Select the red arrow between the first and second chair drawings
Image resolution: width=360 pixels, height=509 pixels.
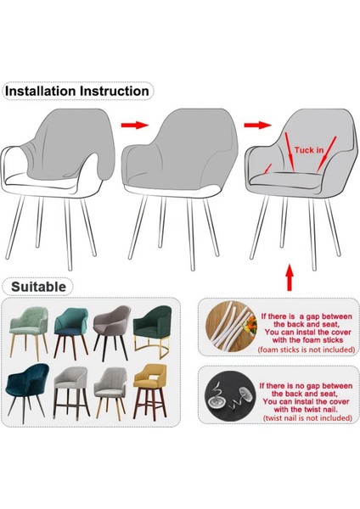coord(132,125)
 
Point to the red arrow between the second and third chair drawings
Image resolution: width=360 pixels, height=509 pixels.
coord(253,125)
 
